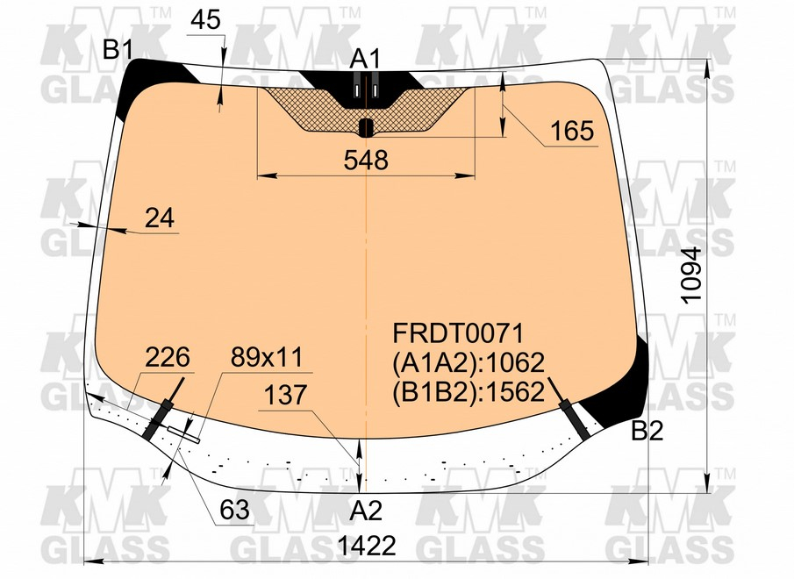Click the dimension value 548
tap(366, 160)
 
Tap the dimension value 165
tap(572, 131)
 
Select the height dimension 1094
tap(691, 275)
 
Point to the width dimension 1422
tap(368, 546)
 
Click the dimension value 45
tap(206, 19)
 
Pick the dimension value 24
tap(160, 218)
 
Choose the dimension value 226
tap(167, 357)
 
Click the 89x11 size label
tap(267, 357)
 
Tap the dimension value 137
tap(286, 396)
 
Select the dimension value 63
tap(234, 510)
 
